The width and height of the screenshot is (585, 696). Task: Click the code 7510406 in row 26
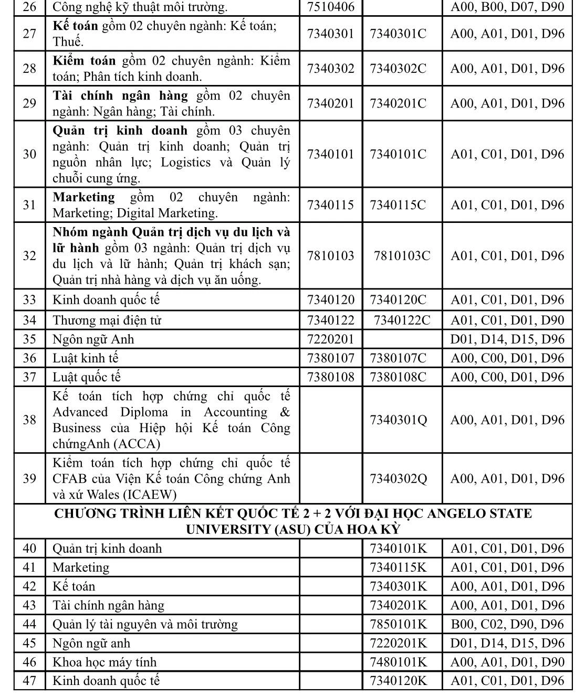coord(330,7)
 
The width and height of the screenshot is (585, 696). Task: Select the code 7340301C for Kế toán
coord(398,34)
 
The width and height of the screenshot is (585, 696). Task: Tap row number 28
coord(29,69)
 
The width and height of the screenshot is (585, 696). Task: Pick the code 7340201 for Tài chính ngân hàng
coord(330,103)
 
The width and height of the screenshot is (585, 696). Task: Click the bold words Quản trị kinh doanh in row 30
coord(120,130)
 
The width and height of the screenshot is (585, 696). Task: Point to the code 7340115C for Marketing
coord(398,205)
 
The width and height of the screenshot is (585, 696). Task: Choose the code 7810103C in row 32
coord(402,256)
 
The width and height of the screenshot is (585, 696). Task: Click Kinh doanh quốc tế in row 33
coord(106,300)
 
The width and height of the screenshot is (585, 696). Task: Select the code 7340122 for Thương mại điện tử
coord(330,320)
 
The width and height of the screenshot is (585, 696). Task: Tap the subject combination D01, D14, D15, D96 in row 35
coord(507,339)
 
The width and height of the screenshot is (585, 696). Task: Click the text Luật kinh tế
coord(86,358)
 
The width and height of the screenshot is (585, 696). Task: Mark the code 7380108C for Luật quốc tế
coord(398,377)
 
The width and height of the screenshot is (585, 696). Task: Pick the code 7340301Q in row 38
coord(399,420)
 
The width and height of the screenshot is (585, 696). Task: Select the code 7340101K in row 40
coord(399,549)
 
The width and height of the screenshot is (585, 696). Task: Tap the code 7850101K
coord(399,624)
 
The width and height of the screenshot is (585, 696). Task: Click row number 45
coord(29,643)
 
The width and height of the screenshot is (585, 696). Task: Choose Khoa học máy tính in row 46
coord(105,662)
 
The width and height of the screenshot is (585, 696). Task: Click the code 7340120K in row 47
coord(399,681)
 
